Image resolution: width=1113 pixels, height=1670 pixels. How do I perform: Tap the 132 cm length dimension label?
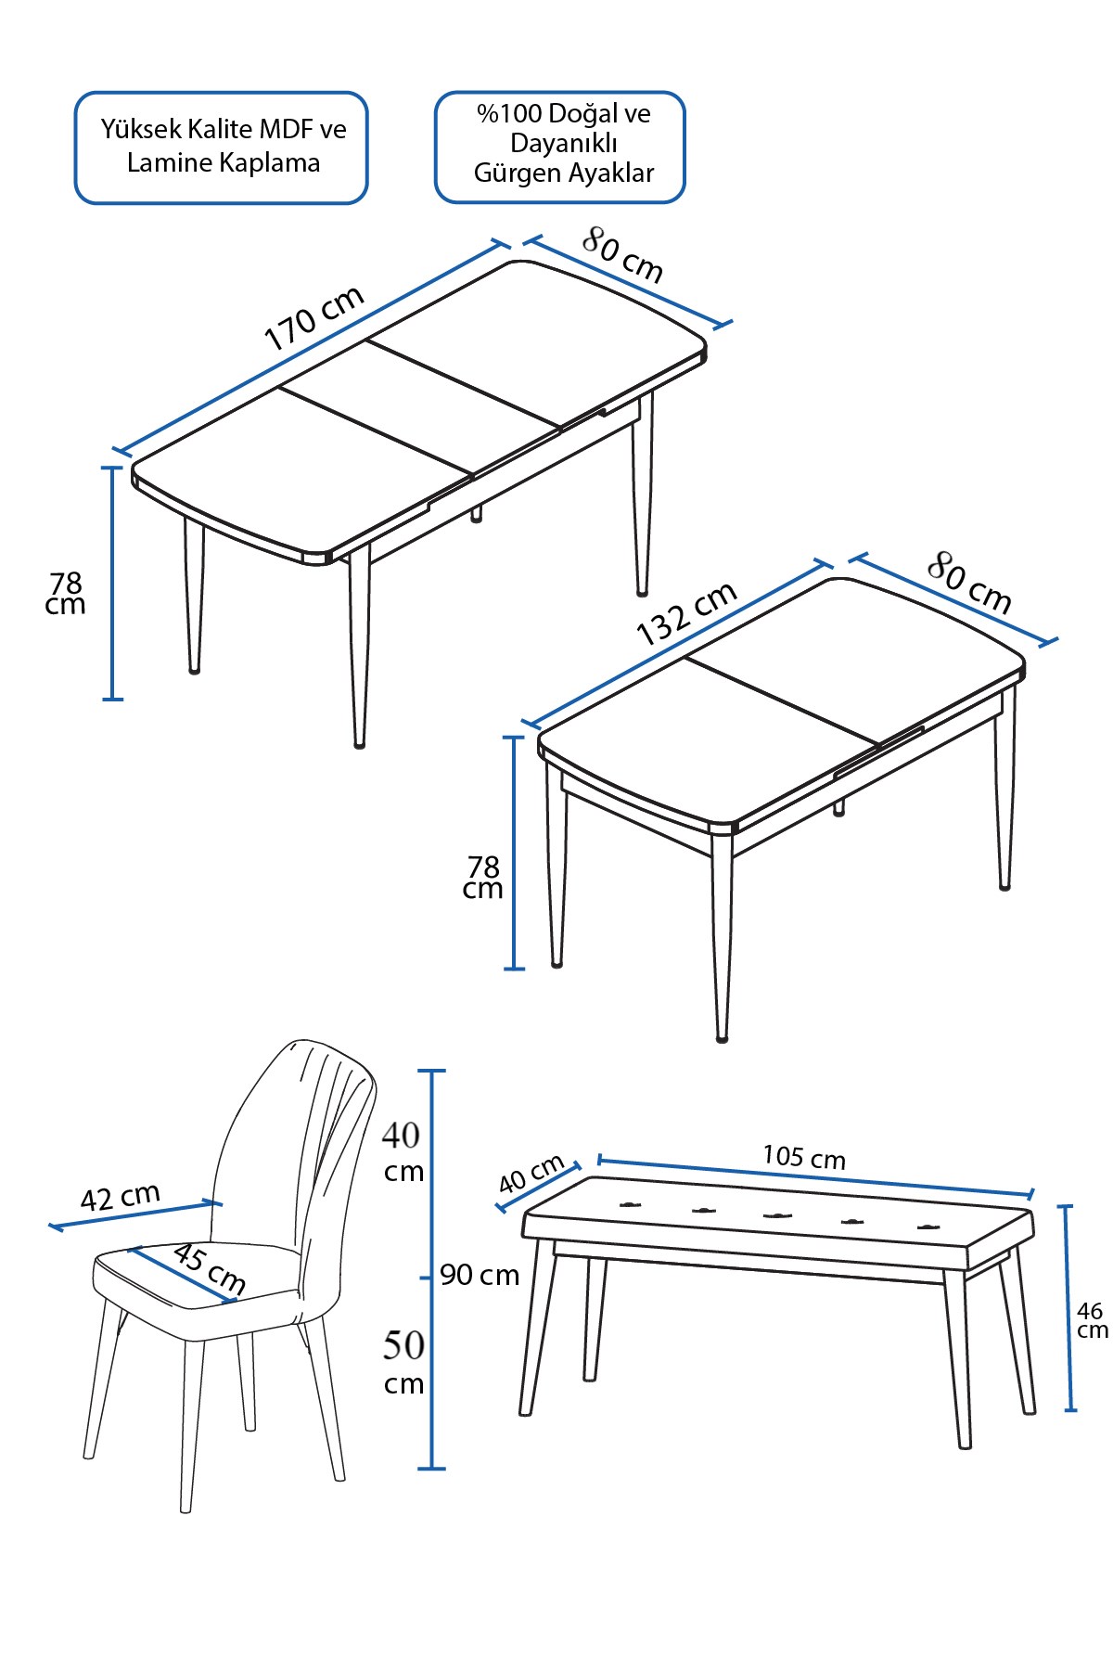click(x=686, y=612)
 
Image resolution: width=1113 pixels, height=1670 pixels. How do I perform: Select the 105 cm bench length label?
click(x=804, y=1157)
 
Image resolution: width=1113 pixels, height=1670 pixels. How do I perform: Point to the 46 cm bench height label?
click(x=1092, y=1319)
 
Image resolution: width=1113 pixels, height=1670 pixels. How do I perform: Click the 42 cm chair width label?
click(x=120, y=1197)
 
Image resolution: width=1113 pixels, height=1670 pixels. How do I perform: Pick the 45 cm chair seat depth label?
click(x=210, y=1268)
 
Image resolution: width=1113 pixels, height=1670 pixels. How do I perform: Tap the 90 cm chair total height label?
click(x=480, y=1275)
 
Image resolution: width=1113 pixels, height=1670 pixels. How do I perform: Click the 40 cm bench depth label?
click(x=531, y=1174)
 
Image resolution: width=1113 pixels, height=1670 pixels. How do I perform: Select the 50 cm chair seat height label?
click(x=403, y=1362)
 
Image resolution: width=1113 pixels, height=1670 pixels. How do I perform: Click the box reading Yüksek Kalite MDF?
click(x=222, y=148)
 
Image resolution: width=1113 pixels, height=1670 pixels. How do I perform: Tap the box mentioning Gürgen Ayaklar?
click(x=560, y=147)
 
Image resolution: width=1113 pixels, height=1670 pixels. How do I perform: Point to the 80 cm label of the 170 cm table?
click(x=623, y=254)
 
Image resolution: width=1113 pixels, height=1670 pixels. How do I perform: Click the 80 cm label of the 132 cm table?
click(x=969, y=582)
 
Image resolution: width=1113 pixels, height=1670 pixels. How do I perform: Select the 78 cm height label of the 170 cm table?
click(x=66, y=594)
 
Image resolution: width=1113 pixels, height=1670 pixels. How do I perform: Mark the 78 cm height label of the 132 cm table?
click(x=483, y=878)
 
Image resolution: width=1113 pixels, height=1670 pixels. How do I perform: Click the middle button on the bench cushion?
click(x=776, y=1214)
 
